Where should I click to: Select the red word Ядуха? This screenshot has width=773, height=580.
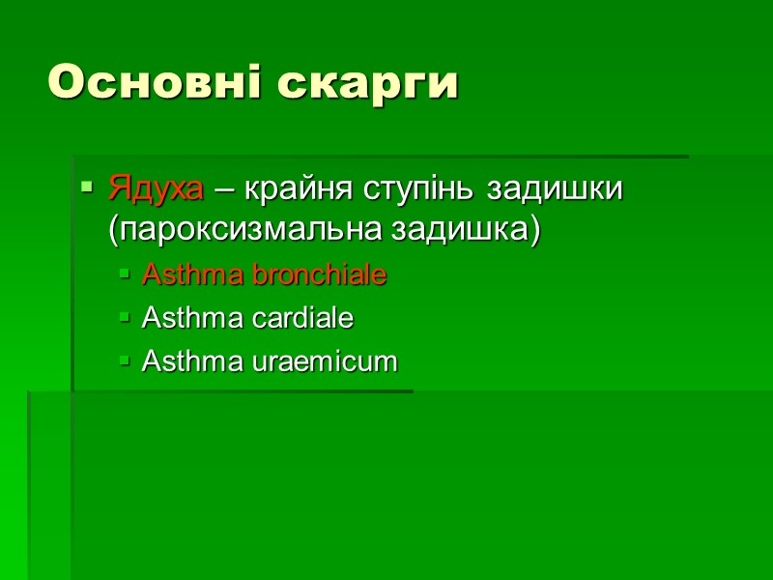point(156,188)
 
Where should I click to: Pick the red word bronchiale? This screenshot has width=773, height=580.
point(320,275)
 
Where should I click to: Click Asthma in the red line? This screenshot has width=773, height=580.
point(194,275)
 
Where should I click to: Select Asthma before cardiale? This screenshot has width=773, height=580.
point(194,317)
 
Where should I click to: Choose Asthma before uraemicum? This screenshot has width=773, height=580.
point(194,362)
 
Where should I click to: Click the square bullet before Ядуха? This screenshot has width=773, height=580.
point(87,186)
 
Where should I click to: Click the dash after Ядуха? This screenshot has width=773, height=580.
point(223,189)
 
